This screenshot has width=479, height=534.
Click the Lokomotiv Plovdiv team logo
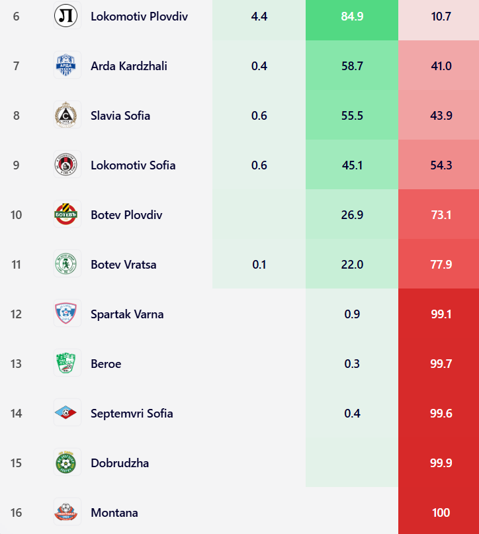pos(67,16)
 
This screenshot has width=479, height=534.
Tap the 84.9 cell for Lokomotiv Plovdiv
pos(352,16)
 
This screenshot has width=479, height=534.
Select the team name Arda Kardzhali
pos(129,66)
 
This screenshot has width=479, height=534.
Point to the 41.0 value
pos(441,66)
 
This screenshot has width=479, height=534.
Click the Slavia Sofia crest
pos(67,115)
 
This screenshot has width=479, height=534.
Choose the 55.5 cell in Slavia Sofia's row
pos(352,115)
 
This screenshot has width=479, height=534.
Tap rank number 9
pos(16,165)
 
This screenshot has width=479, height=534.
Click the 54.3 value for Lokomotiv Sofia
pos(441,165)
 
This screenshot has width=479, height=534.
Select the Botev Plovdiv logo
pos(67,214)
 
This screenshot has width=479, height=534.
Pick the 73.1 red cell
pos(441,214)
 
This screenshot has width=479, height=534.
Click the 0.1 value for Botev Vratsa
pos(259,264)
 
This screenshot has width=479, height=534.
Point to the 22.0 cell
pos(352,264)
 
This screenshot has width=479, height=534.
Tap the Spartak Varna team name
pos(127,314)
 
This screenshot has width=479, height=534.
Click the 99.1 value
pos(441,314)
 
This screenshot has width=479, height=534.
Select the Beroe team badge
pos(67,363)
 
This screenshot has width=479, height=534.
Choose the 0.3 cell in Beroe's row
pos(352,363)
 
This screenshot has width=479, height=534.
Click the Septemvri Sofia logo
pos(67,413)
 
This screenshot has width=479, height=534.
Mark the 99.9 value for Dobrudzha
pos(441,463)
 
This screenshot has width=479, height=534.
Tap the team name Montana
pos(114,512)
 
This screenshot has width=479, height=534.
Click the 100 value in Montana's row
pos(441,512)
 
